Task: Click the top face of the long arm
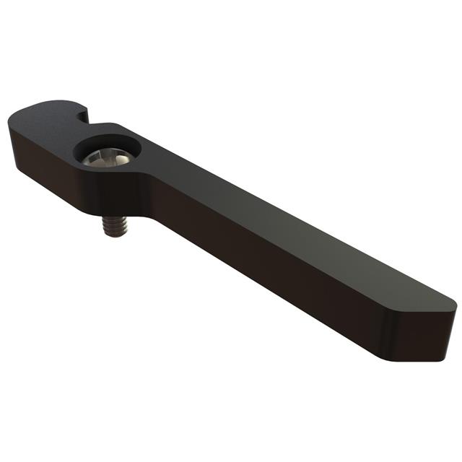(289, 231)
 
